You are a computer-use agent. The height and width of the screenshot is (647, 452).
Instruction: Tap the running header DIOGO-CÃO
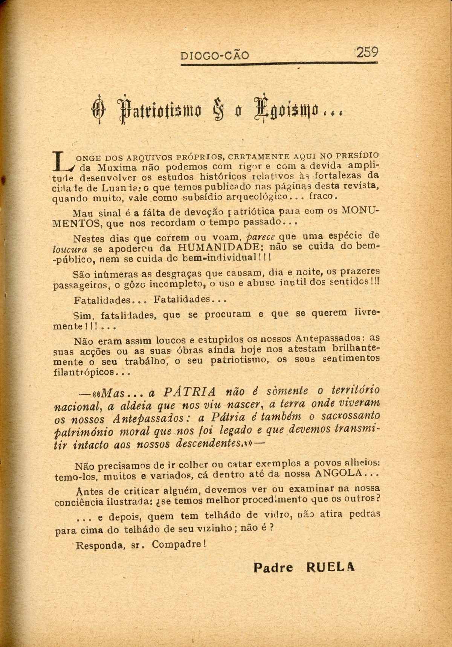[x=215, y=56]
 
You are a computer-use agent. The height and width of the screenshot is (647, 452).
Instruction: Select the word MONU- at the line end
[x=361, y=211]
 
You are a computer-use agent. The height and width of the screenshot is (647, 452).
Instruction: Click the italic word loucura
[x=71, y=249]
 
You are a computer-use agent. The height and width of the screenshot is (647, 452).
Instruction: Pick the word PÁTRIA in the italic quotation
[x=190, y=392]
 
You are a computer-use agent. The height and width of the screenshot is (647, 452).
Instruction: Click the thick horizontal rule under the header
[x=279, y=64]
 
